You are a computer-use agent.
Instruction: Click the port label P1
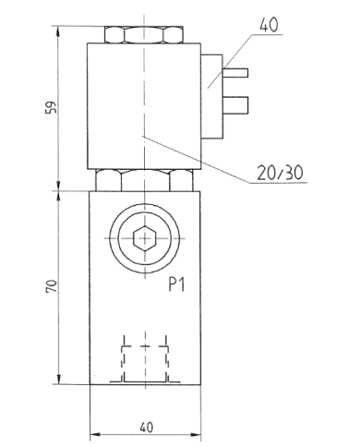click(x=178, y=286)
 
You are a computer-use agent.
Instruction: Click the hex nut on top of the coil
click(x=144, y=35)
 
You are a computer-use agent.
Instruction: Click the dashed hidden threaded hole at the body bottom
click(x=144, y=359)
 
